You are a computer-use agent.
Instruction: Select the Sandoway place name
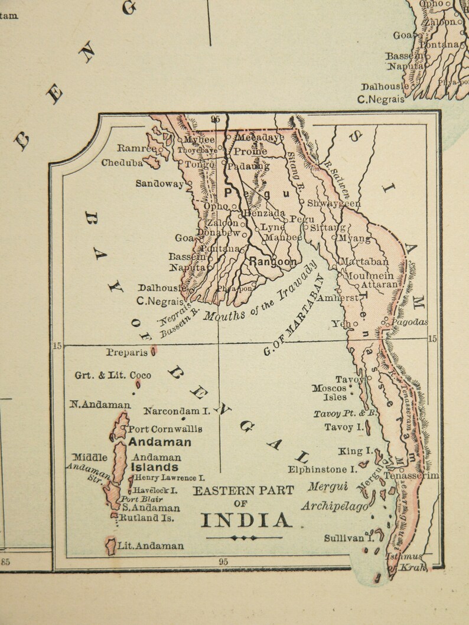(159, 184)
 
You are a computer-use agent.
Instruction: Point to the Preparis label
(127, 352)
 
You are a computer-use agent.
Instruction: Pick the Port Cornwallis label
(165, 429)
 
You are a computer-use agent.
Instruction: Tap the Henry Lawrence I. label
(170, 477)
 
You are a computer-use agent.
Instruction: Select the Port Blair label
(142, 499)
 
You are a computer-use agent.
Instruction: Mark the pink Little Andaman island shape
(110, 546)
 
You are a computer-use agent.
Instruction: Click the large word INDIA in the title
(246, 519)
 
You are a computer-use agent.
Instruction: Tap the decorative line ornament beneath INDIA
(244, 538)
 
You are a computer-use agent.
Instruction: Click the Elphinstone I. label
(323, 470)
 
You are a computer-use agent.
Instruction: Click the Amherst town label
(337, 298)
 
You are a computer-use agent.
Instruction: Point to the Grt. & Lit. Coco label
(113, 375)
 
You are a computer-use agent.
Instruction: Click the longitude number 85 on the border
(5, 562)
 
